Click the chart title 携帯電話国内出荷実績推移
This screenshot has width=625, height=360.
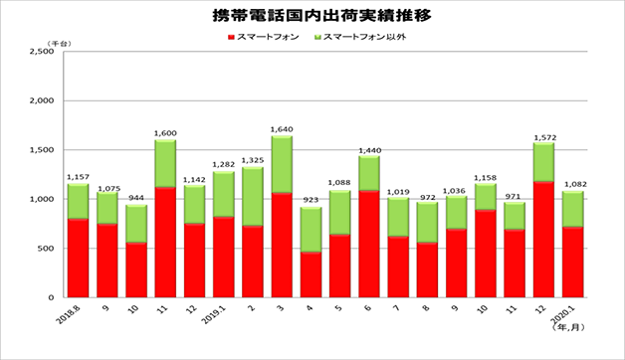[x=313, y=16]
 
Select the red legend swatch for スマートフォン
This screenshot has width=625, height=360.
[x=231, y=37]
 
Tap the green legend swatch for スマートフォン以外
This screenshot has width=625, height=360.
[x=316, y=37]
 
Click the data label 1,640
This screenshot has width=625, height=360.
[x=282, y=128]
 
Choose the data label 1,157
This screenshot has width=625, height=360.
[x=78, y=176]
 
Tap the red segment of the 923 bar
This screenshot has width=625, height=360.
[x=311, y=274]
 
